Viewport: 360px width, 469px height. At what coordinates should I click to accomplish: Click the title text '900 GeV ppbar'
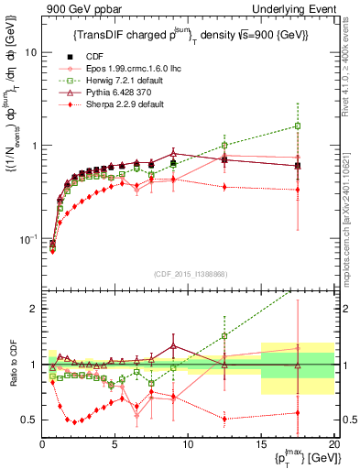79,9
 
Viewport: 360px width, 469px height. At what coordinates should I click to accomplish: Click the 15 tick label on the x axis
261,445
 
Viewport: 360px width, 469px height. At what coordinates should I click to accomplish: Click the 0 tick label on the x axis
43,445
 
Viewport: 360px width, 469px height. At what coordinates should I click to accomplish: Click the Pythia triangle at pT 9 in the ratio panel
173,346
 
